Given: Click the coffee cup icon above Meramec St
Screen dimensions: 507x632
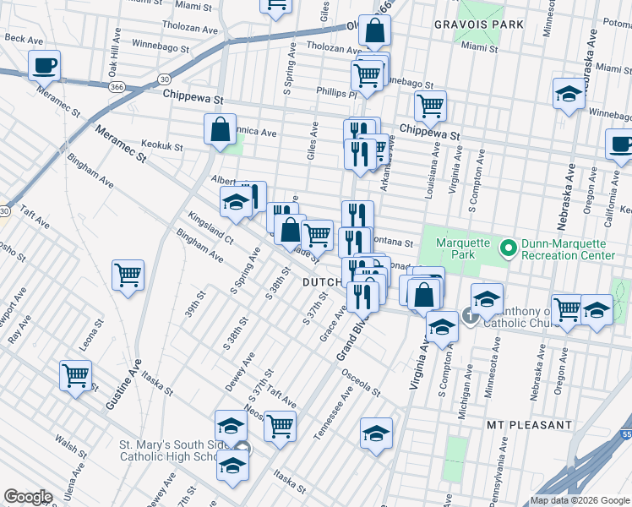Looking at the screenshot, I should (44, 64).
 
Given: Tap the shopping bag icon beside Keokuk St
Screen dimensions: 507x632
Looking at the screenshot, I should (220, 131).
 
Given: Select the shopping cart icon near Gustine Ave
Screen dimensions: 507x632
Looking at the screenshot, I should (128, 275).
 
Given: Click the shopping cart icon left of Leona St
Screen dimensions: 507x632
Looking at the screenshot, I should (75, 374).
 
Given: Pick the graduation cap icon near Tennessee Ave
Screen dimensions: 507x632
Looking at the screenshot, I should (376, 433).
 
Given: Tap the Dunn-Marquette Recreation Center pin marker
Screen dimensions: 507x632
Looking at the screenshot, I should (507, 248).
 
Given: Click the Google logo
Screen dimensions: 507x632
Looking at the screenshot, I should (29, 497).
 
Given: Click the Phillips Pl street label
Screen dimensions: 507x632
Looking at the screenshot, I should (333, 91).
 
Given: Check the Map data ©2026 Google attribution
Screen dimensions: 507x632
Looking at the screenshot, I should (580, 500).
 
